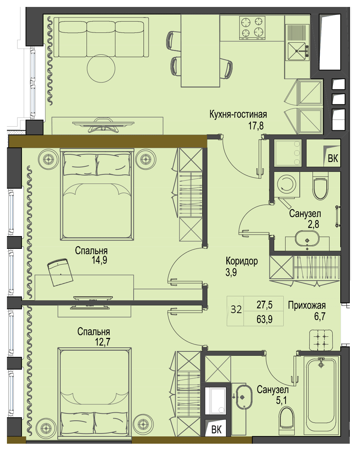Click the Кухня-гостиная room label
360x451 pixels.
[x=238, y=115]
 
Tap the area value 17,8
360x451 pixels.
[x=256, y=126]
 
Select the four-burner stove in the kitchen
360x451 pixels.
[x=252, y=28]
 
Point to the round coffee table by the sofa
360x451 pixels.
[x=101, y=68]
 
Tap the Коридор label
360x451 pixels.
[x=242, y=262]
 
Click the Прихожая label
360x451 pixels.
[x=307, y=305]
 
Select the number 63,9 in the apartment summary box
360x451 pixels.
[x=264, y=319]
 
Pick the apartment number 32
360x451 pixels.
[x=236, y=309]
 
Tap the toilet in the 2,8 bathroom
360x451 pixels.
[x=320, y=186]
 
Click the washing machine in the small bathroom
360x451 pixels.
[x=287, y=184]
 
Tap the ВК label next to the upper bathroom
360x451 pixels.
[x=333, y=158]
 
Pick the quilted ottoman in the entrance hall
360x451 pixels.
[x=321, y=340]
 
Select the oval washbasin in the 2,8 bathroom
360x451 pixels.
[x=307, y=238]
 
